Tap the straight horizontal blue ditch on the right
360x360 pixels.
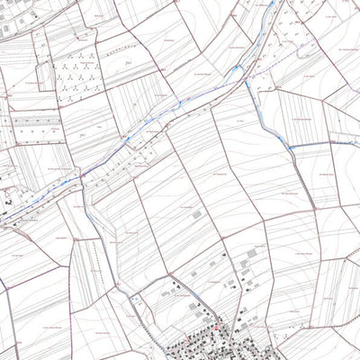pyautogui.click(x=319, y=143)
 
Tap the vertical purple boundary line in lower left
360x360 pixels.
pyautogui.click(x=11, y=315)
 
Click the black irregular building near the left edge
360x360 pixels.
pyautogui.click(x=7, y=203)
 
